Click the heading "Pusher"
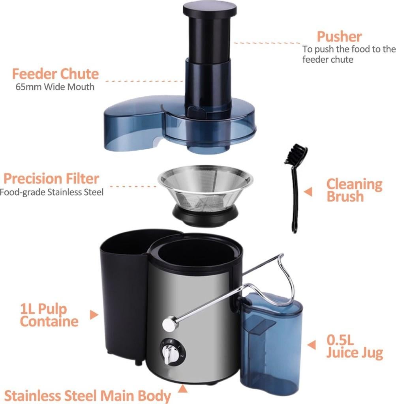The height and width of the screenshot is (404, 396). [339, 37]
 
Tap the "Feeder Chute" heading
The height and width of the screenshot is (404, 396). [55, 74]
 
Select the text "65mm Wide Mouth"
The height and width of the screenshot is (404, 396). [55, 86]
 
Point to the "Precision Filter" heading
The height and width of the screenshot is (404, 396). [51, 179]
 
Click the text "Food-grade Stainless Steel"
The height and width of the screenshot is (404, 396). [51, 193]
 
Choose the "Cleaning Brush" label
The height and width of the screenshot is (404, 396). [354, 190]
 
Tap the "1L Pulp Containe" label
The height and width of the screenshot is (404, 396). [49, 315]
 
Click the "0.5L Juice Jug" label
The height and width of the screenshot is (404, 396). [354, 346]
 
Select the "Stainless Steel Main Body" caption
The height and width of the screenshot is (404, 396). [87, 395]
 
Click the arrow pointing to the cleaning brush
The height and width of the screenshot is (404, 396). [308, 192]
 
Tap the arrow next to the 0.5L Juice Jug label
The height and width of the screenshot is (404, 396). [312, 344]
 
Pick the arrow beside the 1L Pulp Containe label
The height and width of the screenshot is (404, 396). [94, 314]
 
